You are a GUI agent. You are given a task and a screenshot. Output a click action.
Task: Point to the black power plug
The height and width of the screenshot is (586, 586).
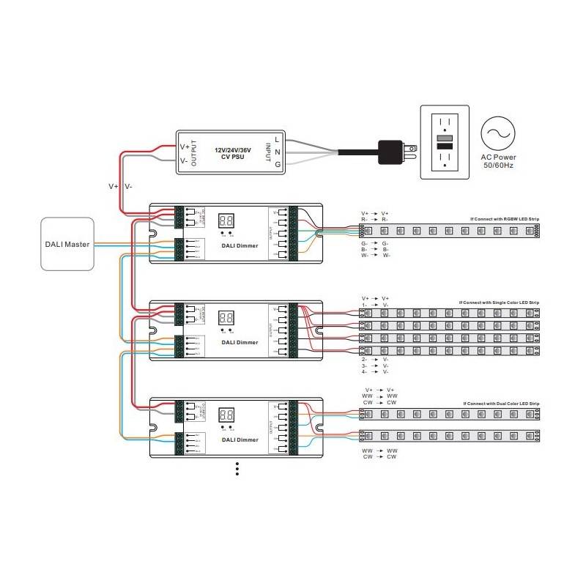pos(393,152)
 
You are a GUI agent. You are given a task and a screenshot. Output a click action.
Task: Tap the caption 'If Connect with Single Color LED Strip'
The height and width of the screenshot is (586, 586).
pos(499,302)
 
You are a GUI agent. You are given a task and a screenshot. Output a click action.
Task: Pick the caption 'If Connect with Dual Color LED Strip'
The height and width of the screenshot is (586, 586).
pos(502,404)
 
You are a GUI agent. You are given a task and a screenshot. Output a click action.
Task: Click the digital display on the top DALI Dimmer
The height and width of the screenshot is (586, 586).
pos(227,220)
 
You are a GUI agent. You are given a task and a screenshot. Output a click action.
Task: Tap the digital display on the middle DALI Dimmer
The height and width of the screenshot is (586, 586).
pos(227,318)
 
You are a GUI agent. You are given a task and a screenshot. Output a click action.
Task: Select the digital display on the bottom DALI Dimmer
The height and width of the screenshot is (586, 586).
pos(227,415)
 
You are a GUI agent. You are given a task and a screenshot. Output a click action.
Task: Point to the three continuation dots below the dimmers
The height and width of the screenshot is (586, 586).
pos(237,469)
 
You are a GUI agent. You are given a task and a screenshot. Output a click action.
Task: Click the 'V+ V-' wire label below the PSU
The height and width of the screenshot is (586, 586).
pos(120,186)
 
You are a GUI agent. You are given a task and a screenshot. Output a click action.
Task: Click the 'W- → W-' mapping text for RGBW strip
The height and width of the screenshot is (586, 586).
pos(376,256)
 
